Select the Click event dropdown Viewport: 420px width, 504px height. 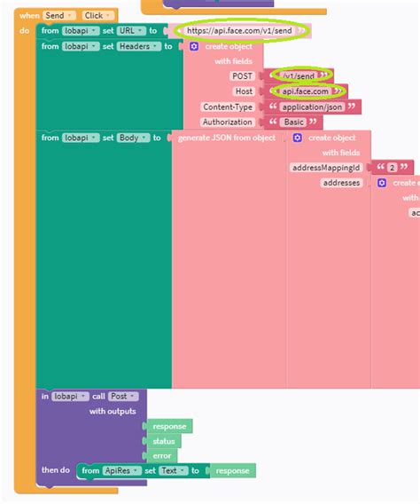(x=93, y=15)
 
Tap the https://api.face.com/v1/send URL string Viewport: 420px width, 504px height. (x=240, y=30)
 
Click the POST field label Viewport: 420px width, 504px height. (x=242, y=76)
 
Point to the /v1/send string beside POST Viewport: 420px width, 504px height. (x=299, y=76)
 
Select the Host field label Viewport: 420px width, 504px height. (x=243, y=91)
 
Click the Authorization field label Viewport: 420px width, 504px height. (x=227, y=122)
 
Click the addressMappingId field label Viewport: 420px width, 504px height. (x=326, y=167)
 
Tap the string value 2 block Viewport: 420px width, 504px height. (x=392, y=167)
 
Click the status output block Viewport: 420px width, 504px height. (x=163, y=441)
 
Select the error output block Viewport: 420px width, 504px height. (x=161, y=456)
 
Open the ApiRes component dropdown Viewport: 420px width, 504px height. (x=123, y=471)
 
